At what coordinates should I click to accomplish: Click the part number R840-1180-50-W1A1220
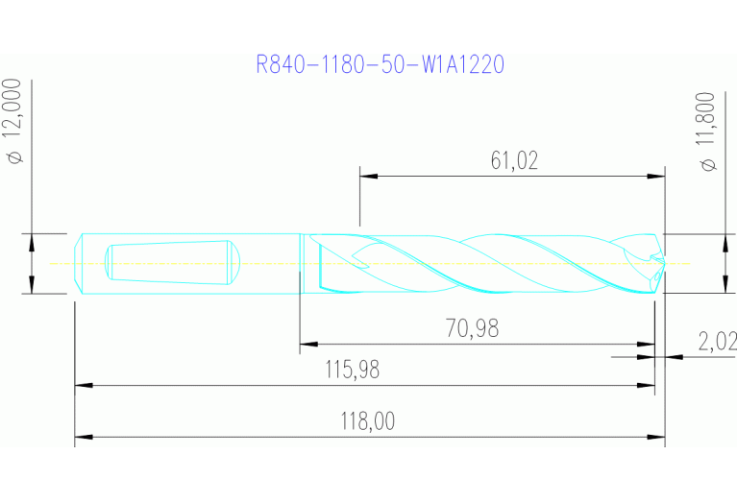[380, 65]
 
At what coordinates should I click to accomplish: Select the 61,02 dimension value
[514, 160]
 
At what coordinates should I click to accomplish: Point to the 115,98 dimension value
[355, 371]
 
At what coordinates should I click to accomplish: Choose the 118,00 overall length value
[368, 422]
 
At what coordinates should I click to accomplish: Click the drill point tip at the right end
[662, 262]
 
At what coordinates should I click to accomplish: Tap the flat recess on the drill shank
[168, 262]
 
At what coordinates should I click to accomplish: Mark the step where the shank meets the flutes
[301, 263]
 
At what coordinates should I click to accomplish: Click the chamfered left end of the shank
[79, 263]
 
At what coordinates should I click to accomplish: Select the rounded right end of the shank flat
[233, 262]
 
